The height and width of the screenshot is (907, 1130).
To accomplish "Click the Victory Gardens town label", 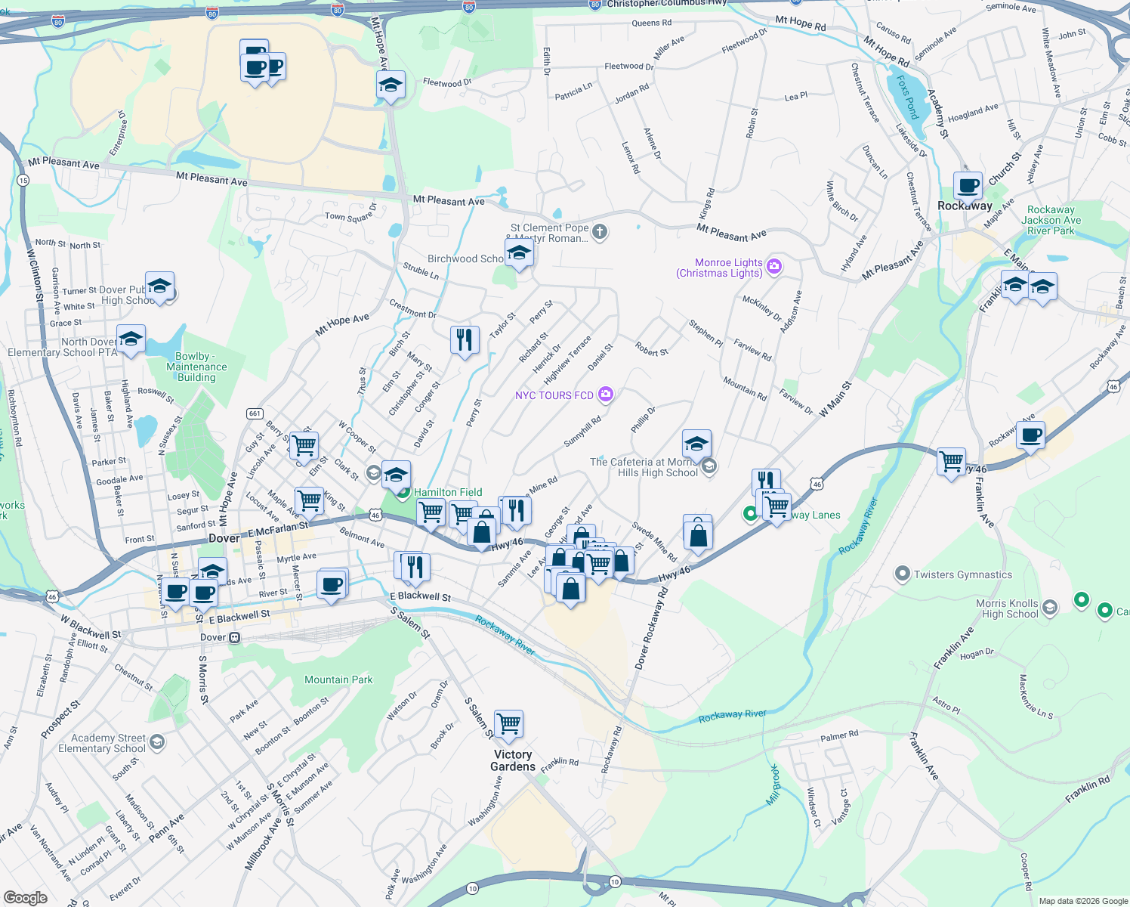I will coord(513,760).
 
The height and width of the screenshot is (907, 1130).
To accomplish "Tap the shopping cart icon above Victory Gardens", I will coord(508,724).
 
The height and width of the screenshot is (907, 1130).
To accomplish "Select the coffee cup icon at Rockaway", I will coord(968,185).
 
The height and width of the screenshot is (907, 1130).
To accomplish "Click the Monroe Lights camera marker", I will coord(773,266).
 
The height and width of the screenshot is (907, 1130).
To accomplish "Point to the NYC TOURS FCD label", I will coord(554,395).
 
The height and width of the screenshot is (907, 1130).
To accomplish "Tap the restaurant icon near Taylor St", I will coord(465,340).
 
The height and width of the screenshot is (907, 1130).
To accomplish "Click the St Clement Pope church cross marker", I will coord(600,232).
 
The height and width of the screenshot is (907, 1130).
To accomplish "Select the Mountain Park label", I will coord(338,679).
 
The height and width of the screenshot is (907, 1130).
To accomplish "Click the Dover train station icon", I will coord(235,638).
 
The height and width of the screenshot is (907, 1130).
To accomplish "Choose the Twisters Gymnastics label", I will coord(962,574).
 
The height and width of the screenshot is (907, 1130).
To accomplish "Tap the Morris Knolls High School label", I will coord(1007,608).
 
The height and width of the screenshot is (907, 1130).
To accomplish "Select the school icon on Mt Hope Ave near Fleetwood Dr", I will coord(391,85).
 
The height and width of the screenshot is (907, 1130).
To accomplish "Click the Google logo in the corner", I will coord(25,898).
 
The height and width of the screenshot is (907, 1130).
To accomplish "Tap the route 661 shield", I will coord(255,413).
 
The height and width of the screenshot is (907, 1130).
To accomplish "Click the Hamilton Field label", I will coord(447,492).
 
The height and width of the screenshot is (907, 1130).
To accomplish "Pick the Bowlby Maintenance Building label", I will coord(196,367).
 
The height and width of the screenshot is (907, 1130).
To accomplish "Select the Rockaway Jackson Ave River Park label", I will coord(1051,220).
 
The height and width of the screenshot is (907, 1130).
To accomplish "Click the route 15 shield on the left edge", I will coord(23,180).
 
